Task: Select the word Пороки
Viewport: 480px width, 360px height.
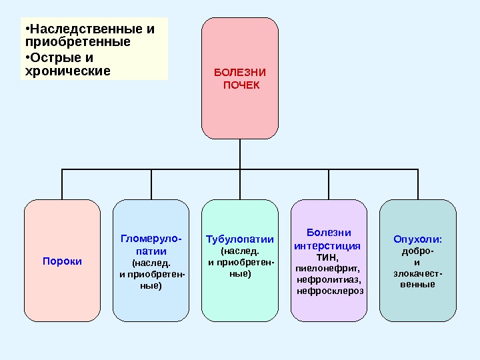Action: coord(62,261)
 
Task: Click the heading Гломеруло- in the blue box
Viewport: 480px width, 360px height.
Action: coord(151,238)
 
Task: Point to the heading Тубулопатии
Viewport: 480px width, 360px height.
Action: coord(239,238)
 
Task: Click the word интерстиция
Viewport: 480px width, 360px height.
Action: coord(327,245)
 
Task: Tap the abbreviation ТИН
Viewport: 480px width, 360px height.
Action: coord(326,257)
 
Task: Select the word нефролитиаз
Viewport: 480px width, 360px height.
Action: coord(329,279)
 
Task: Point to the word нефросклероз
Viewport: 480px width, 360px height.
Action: coord(330,291)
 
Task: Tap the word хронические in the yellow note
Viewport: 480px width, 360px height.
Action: coord(67,69)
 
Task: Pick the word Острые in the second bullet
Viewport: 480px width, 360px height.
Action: coord(51,57)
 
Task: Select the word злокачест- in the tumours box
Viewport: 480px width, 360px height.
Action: coord(418,273)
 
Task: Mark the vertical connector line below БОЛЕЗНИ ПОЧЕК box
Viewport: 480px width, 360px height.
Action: coord(240,154)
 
